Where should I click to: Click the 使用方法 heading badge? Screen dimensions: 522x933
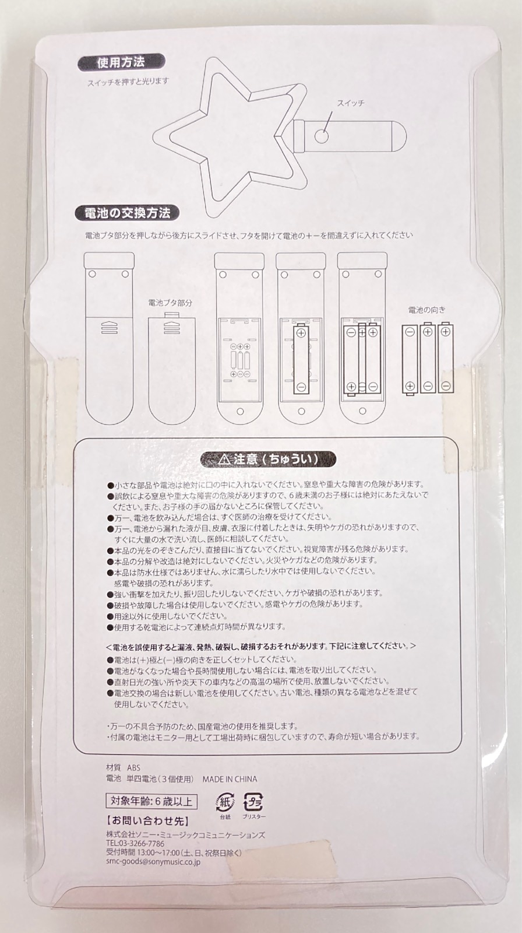click(x=121, y=63)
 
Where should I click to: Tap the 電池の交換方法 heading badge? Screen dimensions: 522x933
click(x=128, y=213)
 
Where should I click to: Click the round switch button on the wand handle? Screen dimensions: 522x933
click(x=322, y=136)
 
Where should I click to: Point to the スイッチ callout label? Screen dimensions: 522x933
click(x=351, y=103)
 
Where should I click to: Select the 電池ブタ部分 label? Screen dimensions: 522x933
click(x=170, y=303)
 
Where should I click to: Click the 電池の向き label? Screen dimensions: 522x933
click(x=426, y=310)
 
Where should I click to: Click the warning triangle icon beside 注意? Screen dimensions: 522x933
click(x=224, y=460)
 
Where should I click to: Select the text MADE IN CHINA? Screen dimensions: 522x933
click(x=230, y=779)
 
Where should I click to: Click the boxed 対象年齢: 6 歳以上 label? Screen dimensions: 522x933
click(x=151, y=801)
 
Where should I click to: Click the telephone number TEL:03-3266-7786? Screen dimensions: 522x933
click(x=135, y=843)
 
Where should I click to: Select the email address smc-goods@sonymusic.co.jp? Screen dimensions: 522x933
click(x=153, y=862)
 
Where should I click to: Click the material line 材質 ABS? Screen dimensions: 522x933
click(x=123, y=767)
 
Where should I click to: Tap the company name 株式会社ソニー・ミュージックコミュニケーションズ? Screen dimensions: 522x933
click(x=186, y=834)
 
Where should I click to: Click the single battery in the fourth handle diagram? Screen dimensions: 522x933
click(x=301, y=359)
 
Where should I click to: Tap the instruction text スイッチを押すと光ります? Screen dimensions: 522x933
click(x=128, y=82)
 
